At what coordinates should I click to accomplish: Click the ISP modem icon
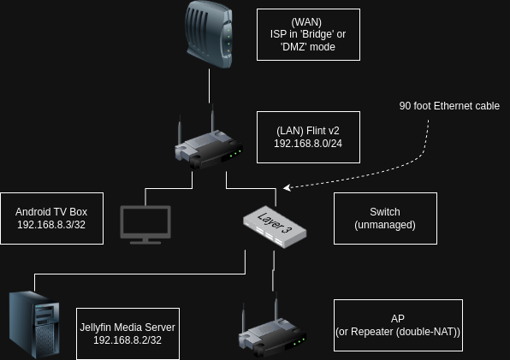tap(209, 34)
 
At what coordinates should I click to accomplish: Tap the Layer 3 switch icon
tap(275, 227)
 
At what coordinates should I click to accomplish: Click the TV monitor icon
tap(145, 225)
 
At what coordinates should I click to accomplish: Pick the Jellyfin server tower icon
tap(34, 325)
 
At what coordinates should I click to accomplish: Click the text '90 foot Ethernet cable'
tap(449, 106)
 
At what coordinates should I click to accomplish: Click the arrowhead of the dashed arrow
tap(287, 188)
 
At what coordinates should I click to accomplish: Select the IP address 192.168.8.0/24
tap(308, 144)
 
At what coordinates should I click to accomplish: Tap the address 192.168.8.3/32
tap(51, 225)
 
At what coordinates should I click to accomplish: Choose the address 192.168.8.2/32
tap(127, 339)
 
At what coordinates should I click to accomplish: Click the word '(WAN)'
tap(306, 22)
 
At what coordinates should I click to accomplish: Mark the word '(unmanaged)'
tap(385, 225)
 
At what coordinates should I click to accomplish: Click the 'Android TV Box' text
tap(51, 212)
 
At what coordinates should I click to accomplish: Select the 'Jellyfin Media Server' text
tap(127, 328)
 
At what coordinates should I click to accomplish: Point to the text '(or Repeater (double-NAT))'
tap(398, 332)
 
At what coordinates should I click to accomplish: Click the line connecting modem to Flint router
tap(209, 86)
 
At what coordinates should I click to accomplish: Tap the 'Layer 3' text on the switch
tap(275, 222)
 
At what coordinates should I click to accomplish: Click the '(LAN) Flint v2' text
tap(308, 131)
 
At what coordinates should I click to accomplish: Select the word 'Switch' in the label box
tap(385, 212)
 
